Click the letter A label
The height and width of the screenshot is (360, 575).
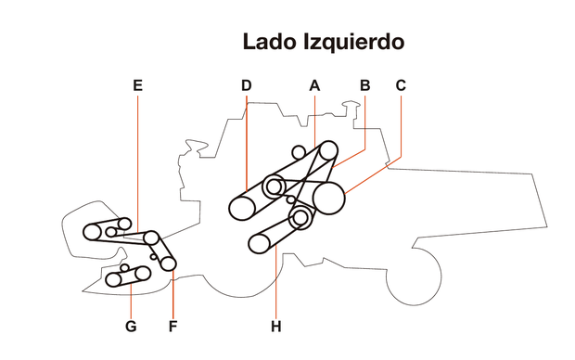point(314,85)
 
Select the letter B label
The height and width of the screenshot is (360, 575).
point(364,85)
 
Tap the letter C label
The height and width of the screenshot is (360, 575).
point(401,85)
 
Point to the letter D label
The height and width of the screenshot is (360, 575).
point(246,85)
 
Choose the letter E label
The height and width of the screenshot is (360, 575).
point(137,85)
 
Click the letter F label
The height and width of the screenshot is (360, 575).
point(172,326)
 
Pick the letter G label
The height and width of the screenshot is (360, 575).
point(131,326)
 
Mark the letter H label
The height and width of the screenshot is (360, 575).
point(275,326)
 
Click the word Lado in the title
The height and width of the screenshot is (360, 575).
point(268,42)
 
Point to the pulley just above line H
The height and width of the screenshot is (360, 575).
point(261,243)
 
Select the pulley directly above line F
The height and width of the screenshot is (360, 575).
point(169,264)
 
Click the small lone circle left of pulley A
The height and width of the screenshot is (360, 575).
point(299,151)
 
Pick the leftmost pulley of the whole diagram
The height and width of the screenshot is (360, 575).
point(94,231)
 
